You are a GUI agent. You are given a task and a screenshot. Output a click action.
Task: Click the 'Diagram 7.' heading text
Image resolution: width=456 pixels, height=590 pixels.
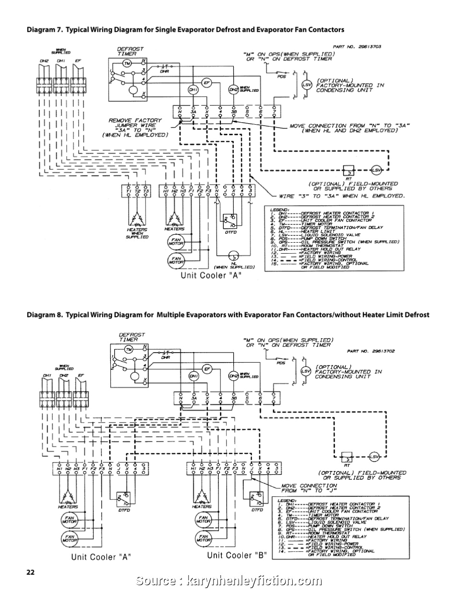pyautogui.click(x=45, y=30)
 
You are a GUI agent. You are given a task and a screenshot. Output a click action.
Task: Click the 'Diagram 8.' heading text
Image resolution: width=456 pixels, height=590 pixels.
pyautogui.click(x=45, y=315)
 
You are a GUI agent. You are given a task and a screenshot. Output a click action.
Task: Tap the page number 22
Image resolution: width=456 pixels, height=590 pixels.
pyautogui.click(x=31, y=572)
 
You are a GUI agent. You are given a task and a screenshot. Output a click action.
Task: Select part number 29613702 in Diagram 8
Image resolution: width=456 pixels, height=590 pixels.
pyautogui.click(x=370, y=351)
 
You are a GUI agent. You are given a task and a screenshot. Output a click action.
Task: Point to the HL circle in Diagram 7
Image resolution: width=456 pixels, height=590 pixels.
pyautogui.click(x=232, y=255)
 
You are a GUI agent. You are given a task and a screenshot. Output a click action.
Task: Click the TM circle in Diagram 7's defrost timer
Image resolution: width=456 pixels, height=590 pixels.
pyautogui.click(x=127, y=63)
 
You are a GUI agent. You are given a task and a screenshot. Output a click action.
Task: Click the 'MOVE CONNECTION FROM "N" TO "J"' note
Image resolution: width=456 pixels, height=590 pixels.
pyautogui.click(x=309, y=488)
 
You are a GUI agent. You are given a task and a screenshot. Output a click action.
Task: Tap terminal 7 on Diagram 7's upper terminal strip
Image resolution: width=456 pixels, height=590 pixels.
pyautogui.click(x=274, y=111)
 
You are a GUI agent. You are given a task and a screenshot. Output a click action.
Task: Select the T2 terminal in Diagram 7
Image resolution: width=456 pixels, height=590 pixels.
pyautogui.click(x=138, y=191)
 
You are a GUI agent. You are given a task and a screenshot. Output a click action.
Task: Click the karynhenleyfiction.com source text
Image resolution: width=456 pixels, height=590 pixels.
pyautogui.click(x=254, y=581)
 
